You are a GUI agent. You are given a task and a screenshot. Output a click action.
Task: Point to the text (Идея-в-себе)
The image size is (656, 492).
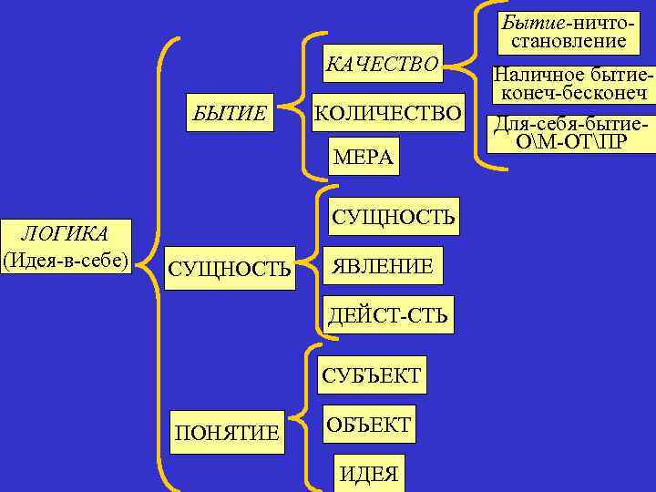67,258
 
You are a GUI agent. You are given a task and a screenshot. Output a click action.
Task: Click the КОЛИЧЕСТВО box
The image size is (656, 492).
387,113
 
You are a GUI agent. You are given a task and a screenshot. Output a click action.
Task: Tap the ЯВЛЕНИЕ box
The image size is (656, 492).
383,266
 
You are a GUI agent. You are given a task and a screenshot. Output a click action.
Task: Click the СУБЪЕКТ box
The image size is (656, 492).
371,374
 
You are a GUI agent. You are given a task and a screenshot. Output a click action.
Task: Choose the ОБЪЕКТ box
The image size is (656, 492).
368,425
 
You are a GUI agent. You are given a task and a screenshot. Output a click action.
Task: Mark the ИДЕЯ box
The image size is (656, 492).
368,474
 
